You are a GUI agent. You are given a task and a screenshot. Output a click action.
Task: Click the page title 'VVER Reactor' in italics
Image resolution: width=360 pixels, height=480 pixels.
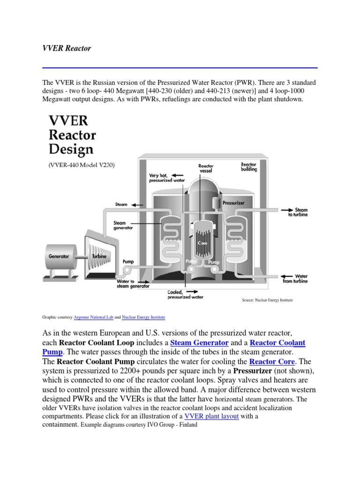pyautogui.click(x=66, y=48)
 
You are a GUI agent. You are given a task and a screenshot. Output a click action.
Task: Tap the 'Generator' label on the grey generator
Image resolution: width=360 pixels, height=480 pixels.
pyautogui.click(x=59, y=256)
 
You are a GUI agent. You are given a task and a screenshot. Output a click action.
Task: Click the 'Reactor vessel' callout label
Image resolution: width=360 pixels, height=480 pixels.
pyautogui.click(x=206, y=169)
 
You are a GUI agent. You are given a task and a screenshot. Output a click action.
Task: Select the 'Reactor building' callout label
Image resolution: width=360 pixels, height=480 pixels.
pyautogui.click(x=248, y=167)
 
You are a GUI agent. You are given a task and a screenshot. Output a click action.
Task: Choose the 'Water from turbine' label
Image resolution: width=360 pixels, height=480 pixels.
pyautogui.click(x=295, y=279)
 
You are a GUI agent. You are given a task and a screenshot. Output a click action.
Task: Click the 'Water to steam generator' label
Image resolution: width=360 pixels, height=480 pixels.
pyautogui.click(x=133, y=283)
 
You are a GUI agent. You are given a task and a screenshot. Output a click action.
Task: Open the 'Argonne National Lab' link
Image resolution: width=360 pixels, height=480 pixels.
pyautogui.click(x=94, y=317)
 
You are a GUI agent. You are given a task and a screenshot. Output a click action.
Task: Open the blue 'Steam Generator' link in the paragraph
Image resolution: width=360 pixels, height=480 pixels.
pyautogui.click(x=199, y=343)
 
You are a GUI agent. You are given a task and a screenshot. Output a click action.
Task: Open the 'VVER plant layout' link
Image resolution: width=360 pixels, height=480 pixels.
pyautogui.click(x=212, y=416)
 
